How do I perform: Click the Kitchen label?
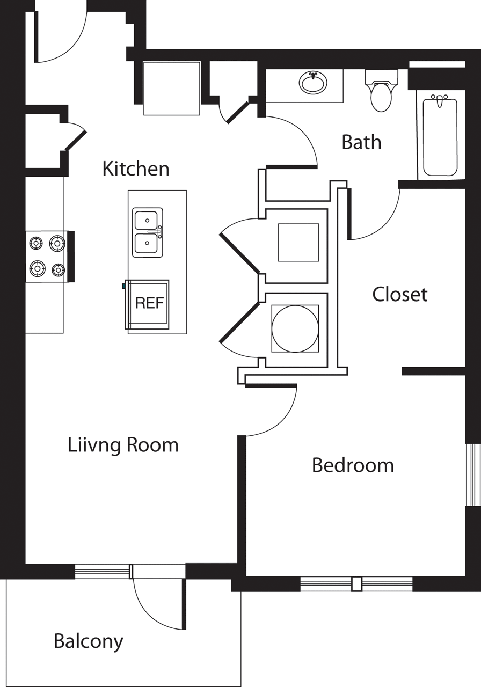coord(136,169)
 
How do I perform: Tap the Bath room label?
coord(361,142)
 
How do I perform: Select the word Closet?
coord(400,294)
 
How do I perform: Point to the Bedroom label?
coord(353,465)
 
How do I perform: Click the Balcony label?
coord(88,641)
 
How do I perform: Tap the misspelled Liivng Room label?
coord(123,445)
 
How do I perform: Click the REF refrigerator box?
coord(148,303)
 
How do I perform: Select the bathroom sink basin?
coord(313,83)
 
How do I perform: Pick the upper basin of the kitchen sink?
coord(147,220)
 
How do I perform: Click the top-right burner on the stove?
coord(57,244)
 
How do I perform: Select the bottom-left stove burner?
coord(37,267)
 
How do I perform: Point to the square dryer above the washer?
coord(298,242)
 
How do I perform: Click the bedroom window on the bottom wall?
coord(356,583)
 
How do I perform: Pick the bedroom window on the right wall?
coord(472,474)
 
